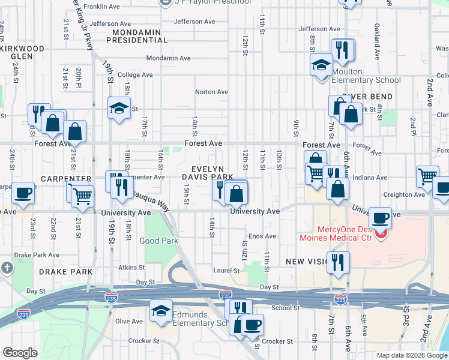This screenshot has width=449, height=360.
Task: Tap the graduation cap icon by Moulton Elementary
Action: [321, 64]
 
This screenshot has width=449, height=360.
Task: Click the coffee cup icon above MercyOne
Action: [380, 217]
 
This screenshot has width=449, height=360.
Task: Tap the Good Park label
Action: [158, 241]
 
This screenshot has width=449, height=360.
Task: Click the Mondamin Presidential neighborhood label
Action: [136, 35]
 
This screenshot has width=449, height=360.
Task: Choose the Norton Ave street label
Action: [211, 92]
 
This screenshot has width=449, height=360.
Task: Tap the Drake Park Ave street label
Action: [38, 254]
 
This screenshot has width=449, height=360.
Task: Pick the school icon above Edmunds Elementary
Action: [161, 310]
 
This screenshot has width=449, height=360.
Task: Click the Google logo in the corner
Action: [20, 353]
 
